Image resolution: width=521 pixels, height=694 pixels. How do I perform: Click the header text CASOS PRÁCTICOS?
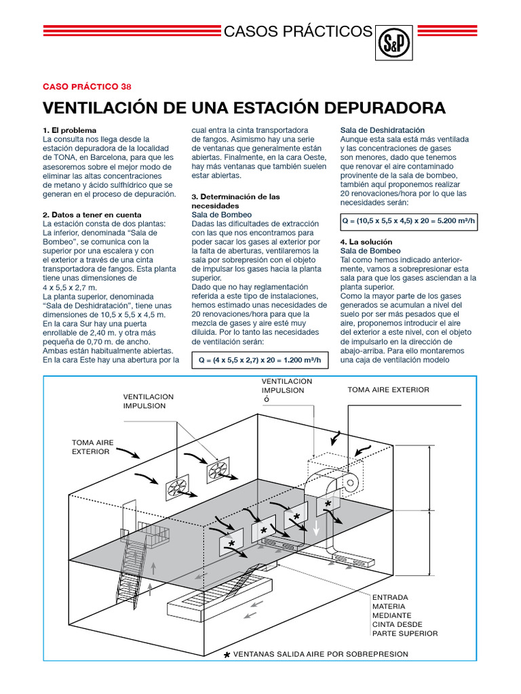298,31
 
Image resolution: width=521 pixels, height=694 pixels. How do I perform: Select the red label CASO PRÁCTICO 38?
87,86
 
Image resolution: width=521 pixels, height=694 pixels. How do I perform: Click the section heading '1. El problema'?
69,129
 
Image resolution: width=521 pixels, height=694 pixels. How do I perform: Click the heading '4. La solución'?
366,242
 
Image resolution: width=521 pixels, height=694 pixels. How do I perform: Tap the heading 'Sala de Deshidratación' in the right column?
382,129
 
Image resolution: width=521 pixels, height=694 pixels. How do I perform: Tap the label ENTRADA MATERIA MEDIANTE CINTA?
404,615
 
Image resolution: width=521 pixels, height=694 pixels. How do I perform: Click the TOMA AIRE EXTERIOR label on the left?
93,447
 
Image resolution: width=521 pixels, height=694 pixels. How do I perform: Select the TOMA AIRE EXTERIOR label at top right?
388,390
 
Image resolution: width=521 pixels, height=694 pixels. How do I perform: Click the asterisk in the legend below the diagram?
227,655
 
